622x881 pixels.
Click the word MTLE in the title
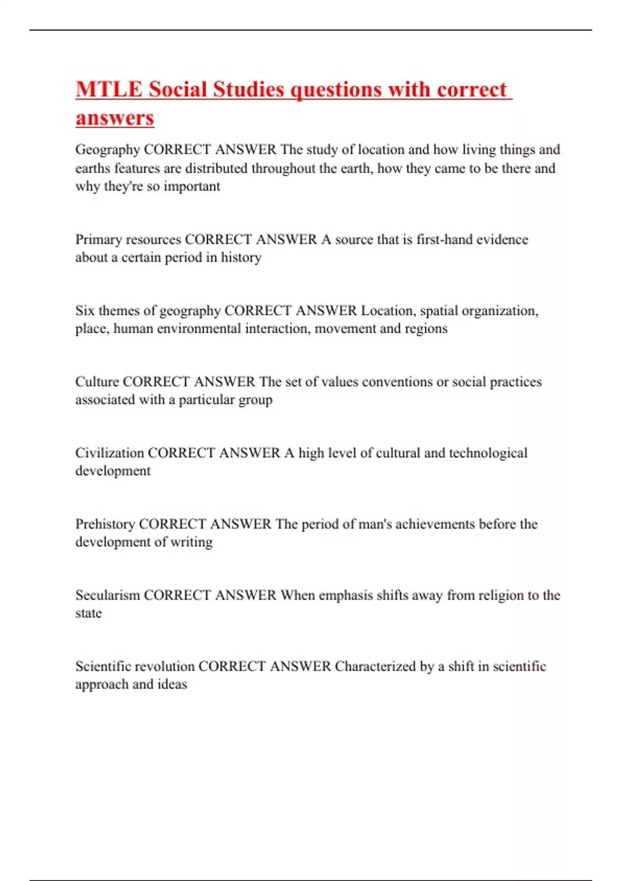coord(109,89)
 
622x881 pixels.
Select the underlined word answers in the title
coord(115,118)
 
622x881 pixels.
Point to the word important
coord(192,186)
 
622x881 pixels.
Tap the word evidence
coord(502,239)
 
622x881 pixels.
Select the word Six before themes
coord(84,310)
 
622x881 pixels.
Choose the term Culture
coord(97,382)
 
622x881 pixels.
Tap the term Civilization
coord(109,453)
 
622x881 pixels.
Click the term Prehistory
coord(105,524)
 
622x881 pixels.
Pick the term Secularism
coord(107,595)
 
